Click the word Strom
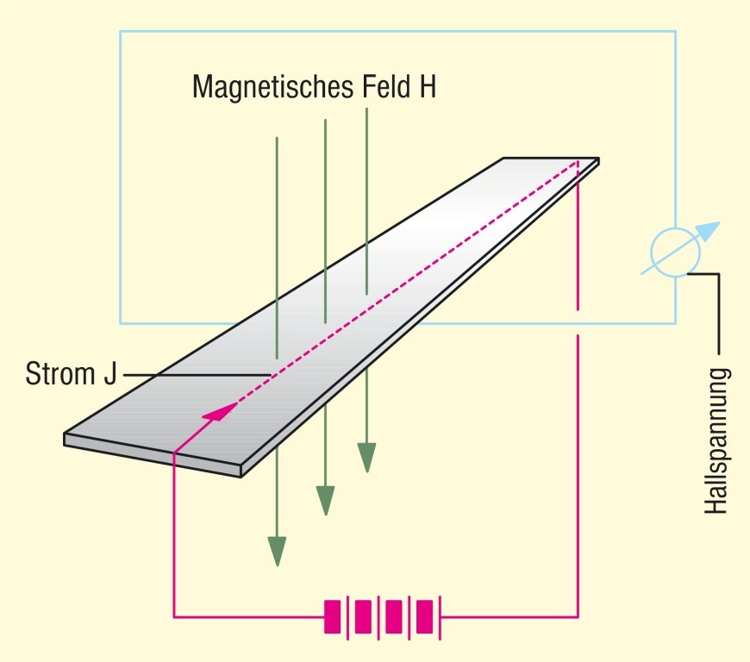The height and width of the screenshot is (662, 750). [x=59, y=376]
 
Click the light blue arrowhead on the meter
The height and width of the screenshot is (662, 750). [x=707, y=231]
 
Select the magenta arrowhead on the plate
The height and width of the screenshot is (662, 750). [x=221, y=411]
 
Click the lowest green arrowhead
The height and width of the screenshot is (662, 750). [x=277, y=550]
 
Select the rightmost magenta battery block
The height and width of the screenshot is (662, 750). [x=425, y=617]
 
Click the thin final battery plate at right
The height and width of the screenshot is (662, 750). [x=441, y=617]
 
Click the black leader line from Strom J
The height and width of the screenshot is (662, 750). [x=198, y=374]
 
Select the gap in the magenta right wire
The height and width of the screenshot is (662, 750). [x=578, y=322]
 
